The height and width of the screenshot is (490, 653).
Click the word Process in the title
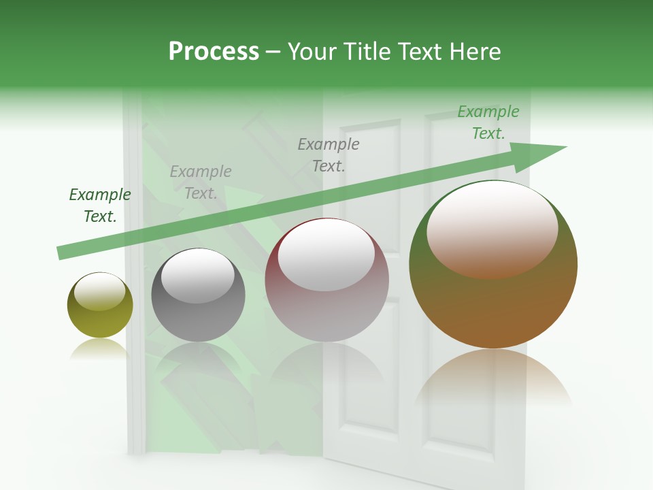[214, 52]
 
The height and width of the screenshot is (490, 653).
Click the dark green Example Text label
[100, 206]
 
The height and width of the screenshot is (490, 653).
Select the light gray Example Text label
[201, 182]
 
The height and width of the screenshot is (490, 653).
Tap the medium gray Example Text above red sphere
[329, 154]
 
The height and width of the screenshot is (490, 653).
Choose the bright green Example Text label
[488, 122]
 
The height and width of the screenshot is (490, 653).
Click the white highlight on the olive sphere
[99, 291]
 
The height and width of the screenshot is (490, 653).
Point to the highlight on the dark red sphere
[326, 255]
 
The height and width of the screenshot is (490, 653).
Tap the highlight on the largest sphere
[492, 229]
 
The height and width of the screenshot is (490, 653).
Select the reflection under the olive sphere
[100, 348]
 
